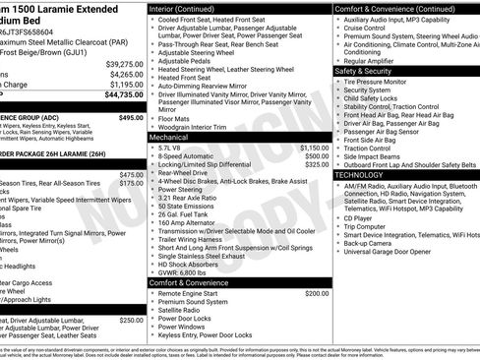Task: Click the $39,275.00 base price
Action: click(125, 63)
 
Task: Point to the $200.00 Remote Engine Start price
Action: click(318, 293)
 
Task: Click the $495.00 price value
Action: click(131, 117)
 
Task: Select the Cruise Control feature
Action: click(365, 29)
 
